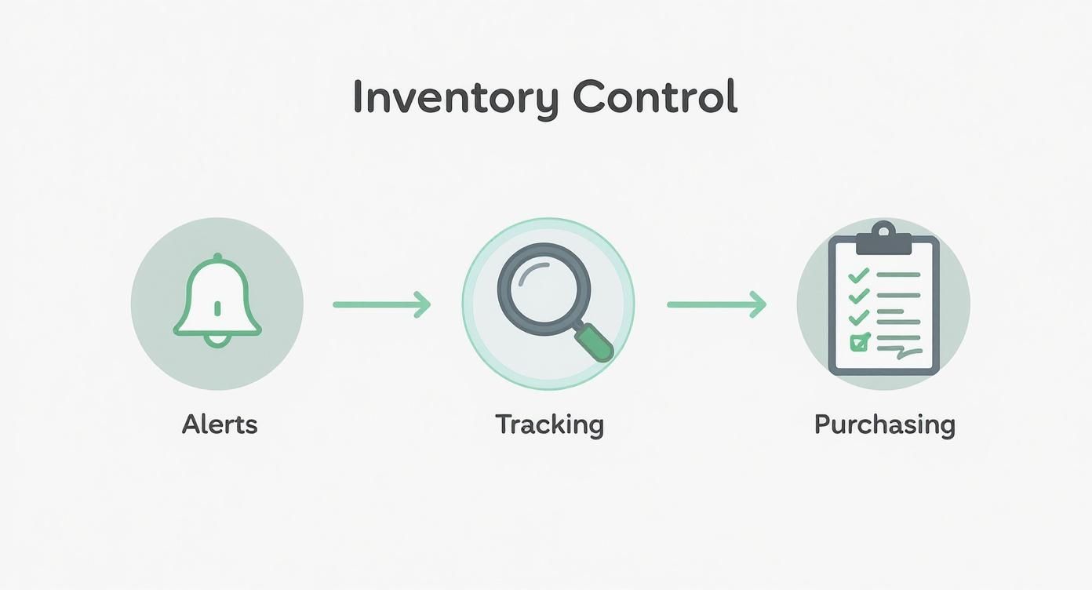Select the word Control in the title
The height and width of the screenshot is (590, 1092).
pyautogui.click(x=655, y=96)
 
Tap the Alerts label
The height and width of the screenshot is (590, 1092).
pyautogui.click(x=220, y=424)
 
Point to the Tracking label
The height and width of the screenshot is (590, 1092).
pyautogui.click(x=549, y=425)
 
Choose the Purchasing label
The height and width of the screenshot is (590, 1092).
pyautogui.click(x=884, y=425)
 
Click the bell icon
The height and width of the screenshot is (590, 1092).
pyautogui.click(x=217, y=300)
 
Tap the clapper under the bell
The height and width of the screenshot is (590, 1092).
pyautogui.click(x=217, y=341)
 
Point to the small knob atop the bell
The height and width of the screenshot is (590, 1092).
pyautogui.click(x=217, y=257)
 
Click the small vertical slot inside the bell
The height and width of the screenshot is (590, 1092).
pyautogui.click(x=217, y=308)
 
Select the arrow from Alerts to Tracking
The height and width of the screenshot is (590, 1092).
pyautogui.click(x=382, y=304)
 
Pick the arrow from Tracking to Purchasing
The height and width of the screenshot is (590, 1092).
pyautogui.click(x=717, y=304)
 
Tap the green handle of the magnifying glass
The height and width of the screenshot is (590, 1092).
pyautogui.click(x=594, y=344)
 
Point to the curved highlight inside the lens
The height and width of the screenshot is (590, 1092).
pyautogui.click(x=533, y=272)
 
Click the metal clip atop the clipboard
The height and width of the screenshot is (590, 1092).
pyautogui.click(x=884, y=238)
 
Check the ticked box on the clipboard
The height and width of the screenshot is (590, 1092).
pyautogui.click(x=860, y=343)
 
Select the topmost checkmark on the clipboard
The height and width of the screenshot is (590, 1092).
pyautogui.click(x=858, y=275)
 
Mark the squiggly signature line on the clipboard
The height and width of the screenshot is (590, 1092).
pyautogui.click(x=900, y=351)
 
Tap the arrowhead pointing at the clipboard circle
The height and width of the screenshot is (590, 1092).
pyautogui.click(x=758, y=304)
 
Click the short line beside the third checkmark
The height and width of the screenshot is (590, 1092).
pyautogui.click(x=890, y=311)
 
